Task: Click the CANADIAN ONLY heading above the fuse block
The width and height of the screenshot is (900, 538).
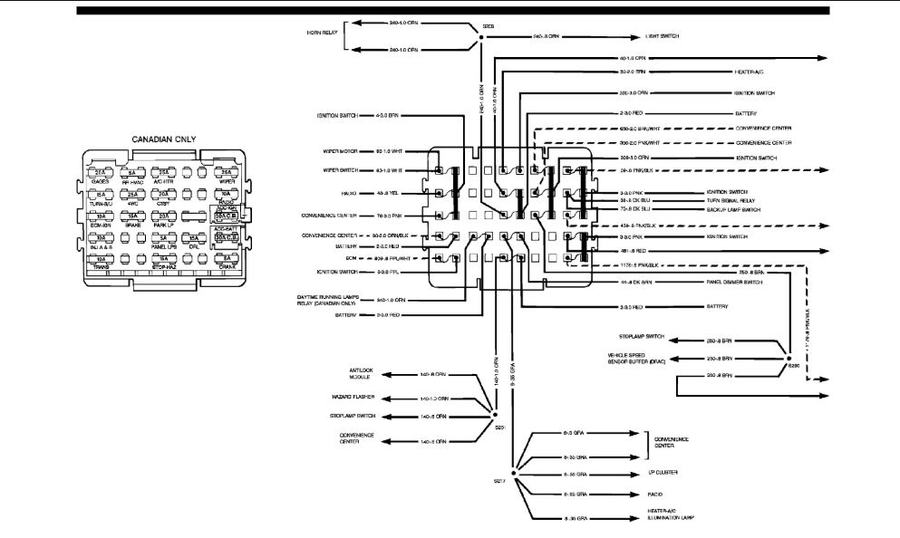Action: [x=164, y=139]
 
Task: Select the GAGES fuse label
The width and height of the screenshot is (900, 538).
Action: [x=101, y=181]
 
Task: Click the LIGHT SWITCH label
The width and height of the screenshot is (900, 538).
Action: [x=663, y=36]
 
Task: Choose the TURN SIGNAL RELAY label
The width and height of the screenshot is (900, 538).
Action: [x=731, y=201]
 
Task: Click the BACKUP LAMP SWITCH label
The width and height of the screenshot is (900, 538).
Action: [x=735, y=210]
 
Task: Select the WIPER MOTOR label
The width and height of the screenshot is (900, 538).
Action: [x=334, y=150]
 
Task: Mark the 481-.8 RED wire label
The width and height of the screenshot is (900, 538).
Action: [x=634, y=249]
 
